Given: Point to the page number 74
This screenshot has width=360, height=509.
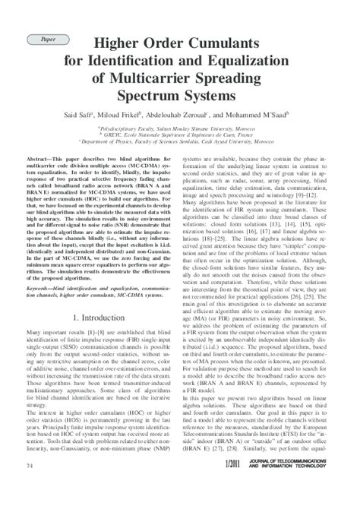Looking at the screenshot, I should pos(30,485).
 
